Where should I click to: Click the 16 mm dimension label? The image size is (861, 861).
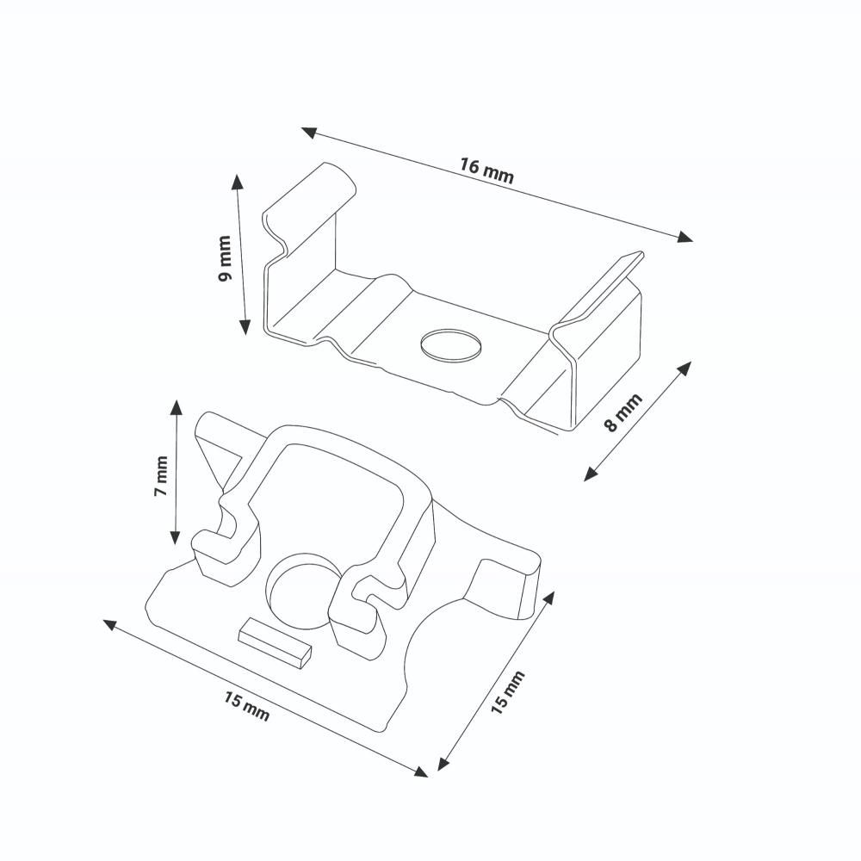click(486, 170)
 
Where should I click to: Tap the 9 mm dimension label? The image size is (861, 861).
click(225, 258)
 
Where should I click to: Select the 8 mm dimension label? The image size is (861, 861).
click(623, 413)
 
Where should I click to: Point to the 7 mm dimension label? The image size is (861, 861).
click(161, 475)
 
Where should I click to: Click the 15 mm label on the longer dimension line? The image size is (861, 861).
click(246, 706)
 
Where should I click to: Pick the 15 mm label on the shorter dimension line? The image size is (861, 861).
click(507, 692)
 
